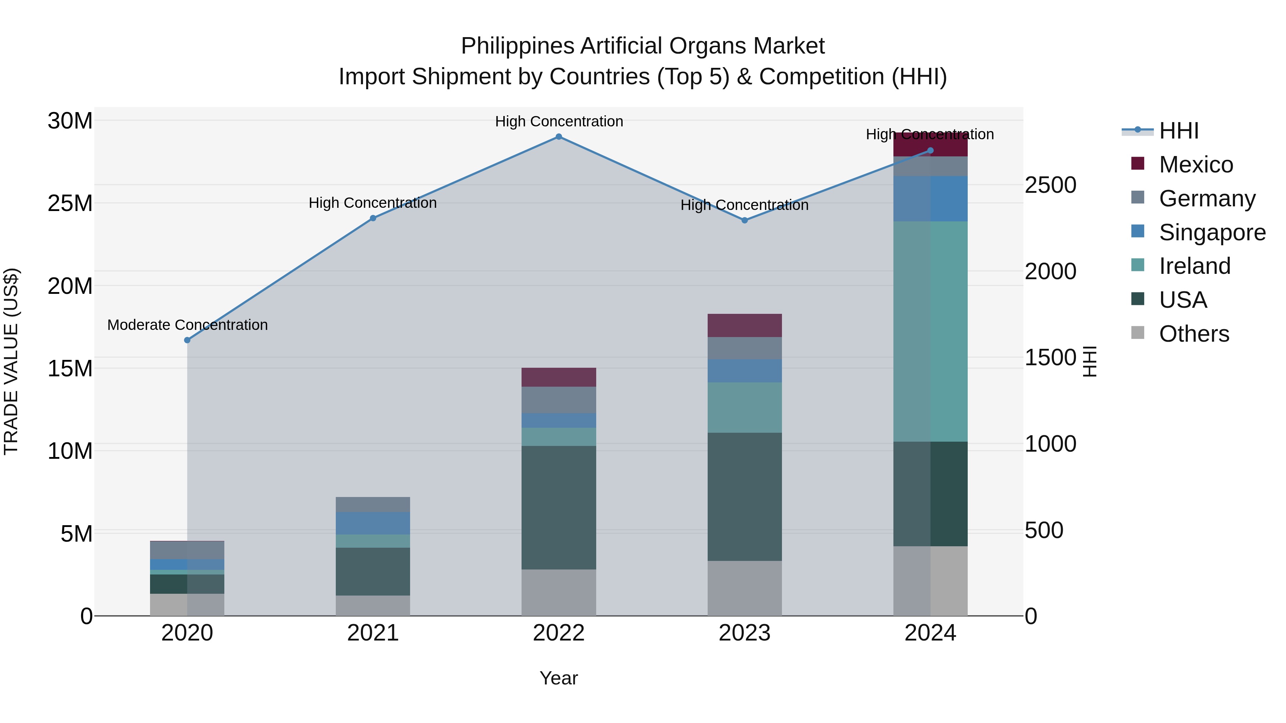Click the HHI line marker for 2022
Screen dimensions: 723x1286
[x=559, y=137]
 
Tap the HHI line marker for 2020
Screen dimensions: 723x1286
[x=187, y=340]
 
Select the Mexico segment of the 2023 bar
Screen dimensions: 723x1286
[x=744, y=325]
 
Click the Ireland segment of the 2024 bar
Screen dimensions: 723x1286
[x=930, y=331]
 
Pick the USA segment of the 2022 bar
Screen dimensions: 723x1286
[x=559, y=507]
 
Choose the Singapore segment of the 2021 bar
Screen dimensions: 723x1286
[x=373, y=523]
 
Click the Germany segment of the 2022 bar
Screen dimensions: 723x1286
[x=559, y=400]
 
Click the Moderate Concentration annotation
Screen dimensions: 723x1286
[x=187, y=325]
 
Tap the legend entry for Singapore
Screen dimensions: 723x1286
[x=1212, y=232]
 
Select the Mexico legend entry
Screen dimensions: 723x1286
[x=1196, y=165]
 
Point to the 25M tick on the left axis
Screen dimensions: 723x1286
[x=70, y=204]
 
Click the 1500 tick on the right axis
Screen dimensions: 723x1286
[x=1050, y=358]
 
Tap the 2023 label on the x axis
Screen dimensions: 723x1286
[x=744, y=633]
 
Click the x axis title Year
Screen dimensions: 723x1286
[x=559, y=678]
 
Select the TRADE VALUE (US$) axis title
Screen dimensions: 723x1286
[x=11, y=361]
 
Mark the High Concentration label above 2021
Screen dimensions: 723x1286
[x=373, y=203]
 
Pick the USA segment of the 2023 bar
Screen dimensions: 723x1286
[x=744, y=497]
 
